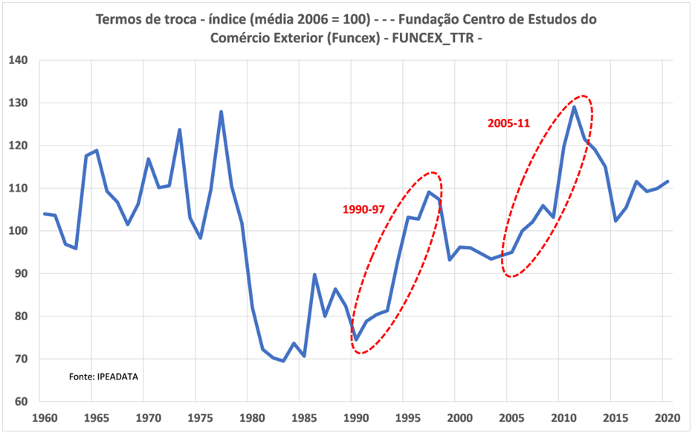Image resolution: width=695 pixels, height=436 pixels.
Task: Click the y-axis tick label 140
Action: [18, 60]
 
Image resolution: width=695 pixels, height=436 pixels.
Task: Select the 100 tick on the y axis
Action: [18, 231]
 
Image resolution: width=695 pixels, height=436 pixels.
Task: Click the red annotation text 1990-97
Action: [364, 209]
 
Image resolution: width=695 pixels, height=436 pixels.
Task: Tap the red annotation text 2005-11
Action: [508, 123]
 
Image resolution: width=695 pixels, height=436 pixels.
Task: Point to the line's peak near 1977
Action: [221, 112]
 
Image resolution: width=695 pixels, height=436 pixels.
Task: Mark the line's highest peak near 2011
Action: [574, 107]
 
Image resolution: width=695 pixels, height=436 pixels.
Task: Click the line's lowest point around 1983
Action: [284, 361]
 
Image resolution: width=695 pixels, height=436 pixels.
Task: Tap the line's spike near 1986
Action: [314, 275]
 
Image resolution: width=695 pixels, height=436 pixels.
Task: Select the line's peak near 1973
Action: [179, 130]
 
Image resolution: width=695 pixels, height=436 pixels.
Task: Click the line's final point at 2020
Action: [667, 181]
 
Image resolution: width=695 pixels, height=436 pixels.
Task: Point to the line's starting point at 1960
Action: [45, 214]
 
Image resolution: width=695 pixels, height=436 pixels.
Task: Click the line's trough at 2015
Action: [615, 221]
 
